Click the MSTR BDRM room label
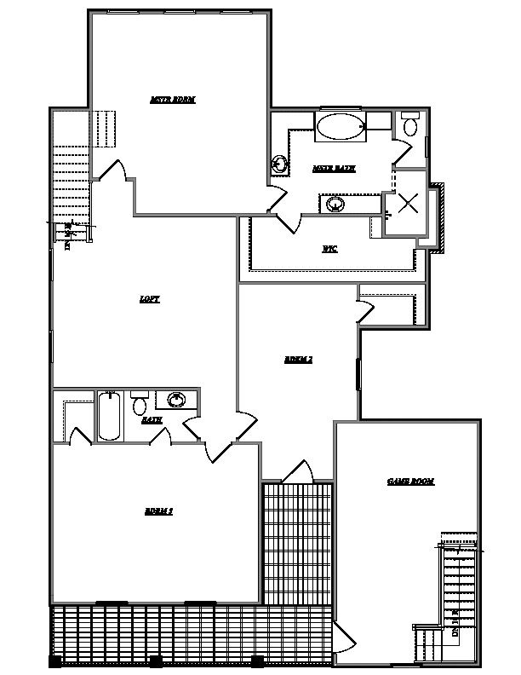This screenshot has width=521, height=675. pyautogui.click(x=173, y=100)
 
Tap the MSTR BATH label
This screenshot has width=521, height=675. pyautogui.click(x=334, y=169)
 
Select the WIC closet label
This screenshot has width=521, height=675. pyautogui.click(x=329, y=249)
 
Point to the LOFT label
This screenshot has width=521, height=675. pyautogui.click(x=150, y=299)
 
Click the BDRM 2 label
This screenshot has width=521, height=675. pyautogui.click(x=298, y=360)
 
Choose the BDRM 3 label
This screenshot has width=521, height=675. pyautogui.click(x=159, y=511)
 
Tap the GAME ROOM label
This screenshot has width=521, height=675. pyautogui.click(x=410, y=482)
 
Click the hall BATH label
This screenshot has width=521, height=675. pyautogui.click(x=152, y=420)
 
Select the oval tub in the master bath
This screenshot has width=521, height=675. pyautogui.click(x=340, y=128)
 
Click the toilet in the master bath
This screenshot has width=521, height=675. pyautogui.click(x=409, y=126)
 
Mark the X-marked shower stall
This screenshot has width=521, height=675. pyautogui.click(x=409, y=203)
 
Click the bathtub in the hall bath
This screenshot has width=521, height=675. pyautogui.click(x=110, y=415)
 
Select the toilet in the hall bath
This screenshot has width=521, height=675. pyautogui.click(x=140, y=403)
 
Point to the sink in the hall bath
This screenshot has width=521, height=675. pyautogui.click(x=177, y=400)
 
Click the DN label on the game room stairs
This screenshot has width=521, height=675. pyautogui.click(x=455, y=621)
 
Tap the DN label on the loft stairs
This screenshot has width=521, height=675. pyautogui.click(x=68, y=236)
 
